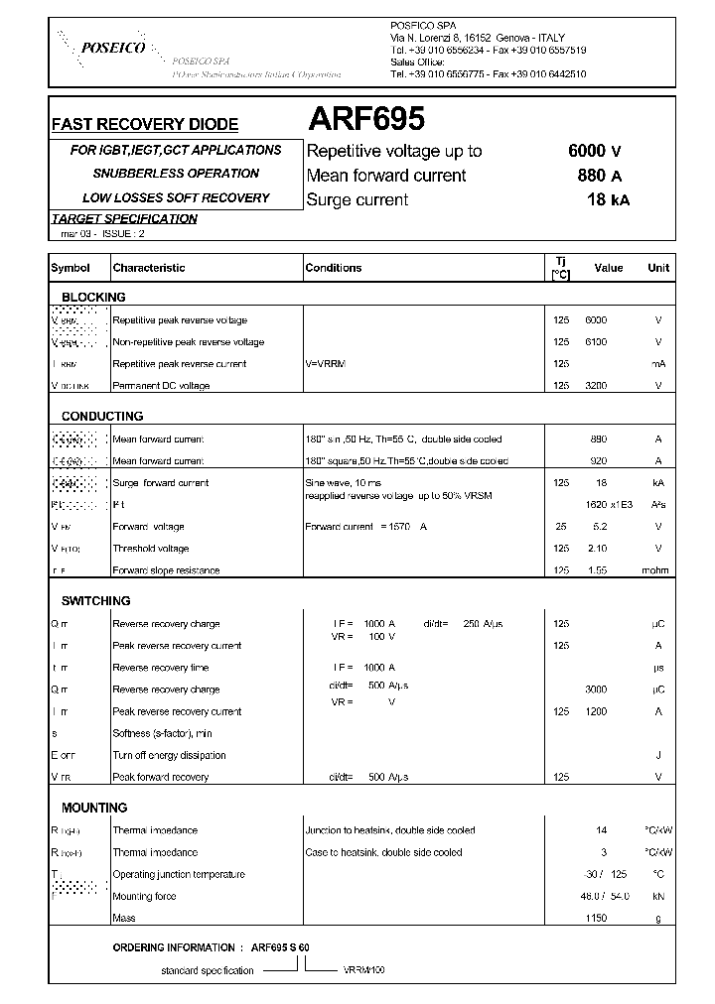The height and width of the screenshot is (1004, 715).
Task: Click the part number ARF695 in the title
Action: tap(366, 120)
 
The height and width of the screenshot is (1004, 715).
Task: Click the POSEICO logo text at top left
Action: tap(113, 47)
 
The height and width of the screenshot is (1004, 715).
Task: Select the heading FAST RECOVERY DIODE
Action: tap(145, 125)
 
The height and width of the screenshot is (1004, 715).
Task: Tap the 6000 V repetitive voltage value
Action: tap(595, 151)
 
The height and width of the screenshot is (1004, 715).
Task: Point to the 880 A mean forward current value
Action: tap(599, 176)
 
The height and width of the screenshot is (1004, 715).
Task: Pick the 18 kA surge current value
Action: tap(607, 200)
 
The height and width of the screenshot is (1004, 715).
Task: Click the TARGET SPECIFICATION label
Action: tap(124, 219)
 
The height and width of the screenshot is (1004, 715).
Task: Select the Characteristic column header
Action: tap(149, 268)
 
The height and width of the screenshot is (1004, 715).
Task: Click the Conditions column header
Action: tap(334, 268)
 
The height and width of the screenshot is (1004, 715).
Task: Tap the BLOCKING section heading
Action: tap(93, 298)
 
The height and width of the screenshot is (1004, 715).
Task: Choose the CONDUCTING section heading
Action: tap(102, 417)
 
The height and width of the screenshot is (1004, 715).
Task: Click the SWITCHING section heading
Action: tap(96, 601)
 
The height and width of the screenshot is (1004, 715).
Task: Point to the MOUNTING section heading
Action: tap(94, 809)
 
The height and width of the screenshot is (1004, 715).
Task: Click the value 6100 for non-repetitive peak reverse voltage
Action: tap(596, 342)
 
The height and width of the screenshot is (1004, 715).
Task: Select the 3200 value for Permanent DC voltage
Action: tap(596, 386)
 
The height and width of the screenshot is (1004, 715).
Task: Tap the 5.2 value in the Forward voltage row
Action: tap(600, 527)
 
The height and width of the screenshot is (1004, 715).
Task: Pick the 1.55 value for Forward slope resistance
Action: tap(598, 570)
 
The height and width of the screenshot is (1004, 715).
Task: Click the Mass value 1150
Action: tap(596, 918)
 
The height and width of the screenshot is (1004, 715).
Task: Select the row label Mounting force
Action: tap(146, 896)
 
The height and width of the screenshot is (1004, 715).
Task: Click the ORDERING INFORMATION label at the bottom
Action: tap(174, 947)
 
